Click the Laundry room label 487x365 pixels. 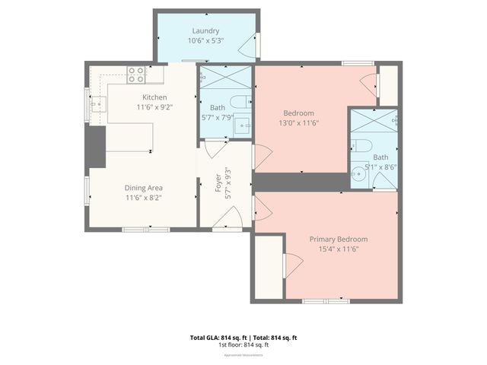[205, 30]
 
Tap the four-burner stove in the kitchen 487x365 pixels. [136, 75]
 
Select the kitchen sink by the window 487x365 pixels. [98, 105]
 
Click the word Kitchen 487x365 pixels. [154, 97]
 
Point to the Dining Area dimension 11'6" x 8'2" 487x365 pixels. [144, 197]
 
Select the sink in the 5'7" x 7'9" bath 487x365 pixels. [242, 125]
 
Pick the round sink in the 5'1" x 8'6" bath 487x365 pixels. [359, 174]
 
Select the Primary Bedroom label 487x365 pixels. [338, 239]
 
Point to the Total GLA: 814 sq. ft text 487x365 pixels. [216, 338]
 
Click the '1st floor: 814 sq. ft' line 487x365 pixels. [243, 345]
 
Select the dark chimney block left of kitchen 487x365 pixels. [96, 146]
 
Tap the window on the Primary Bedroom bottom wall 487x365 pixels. [326, 301]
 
